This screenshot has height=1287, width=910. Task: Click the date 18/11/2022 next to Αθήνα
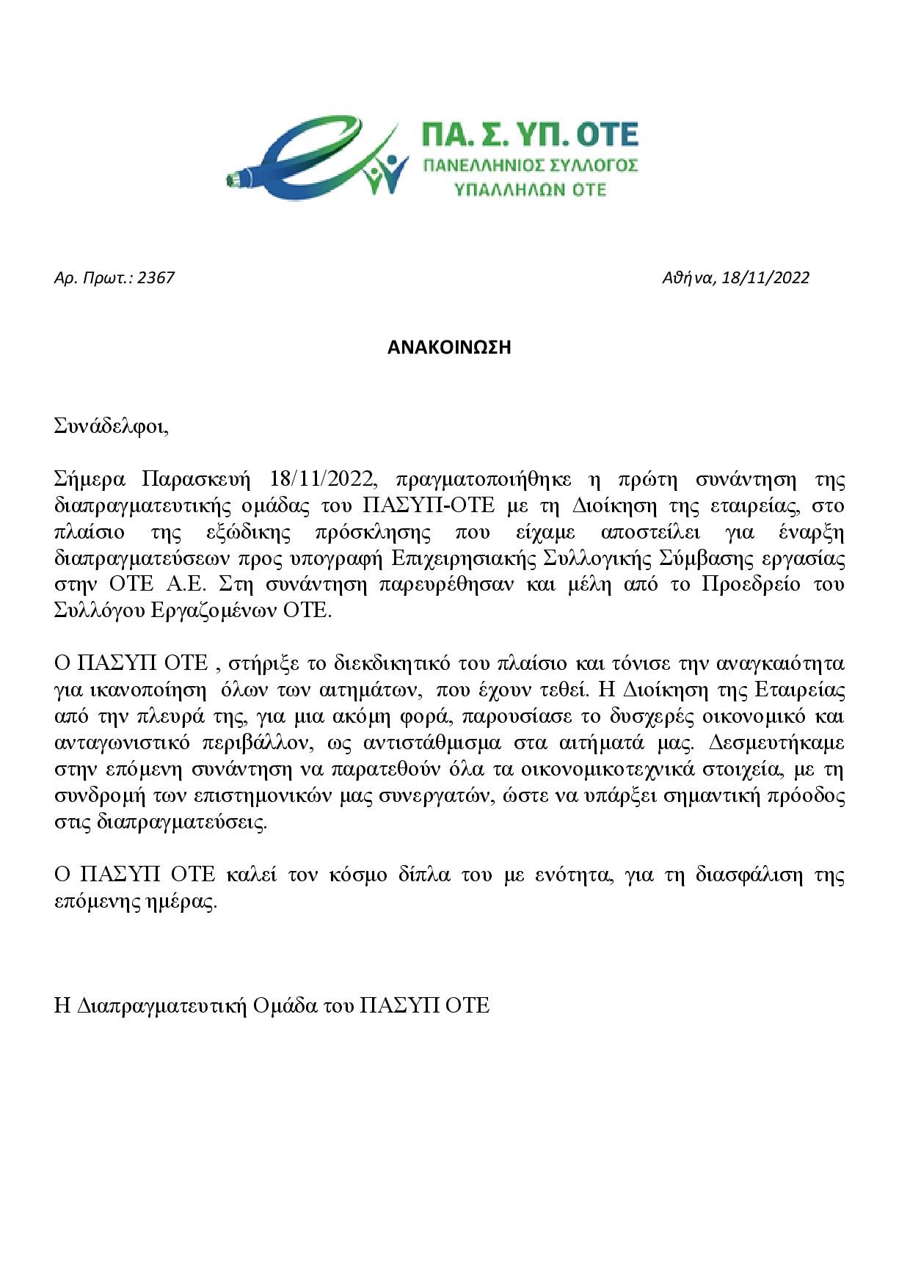[x=765, y=278]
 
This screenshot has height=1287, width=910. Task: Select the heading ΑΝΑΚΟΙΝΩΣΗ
[x=448, y=348]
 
